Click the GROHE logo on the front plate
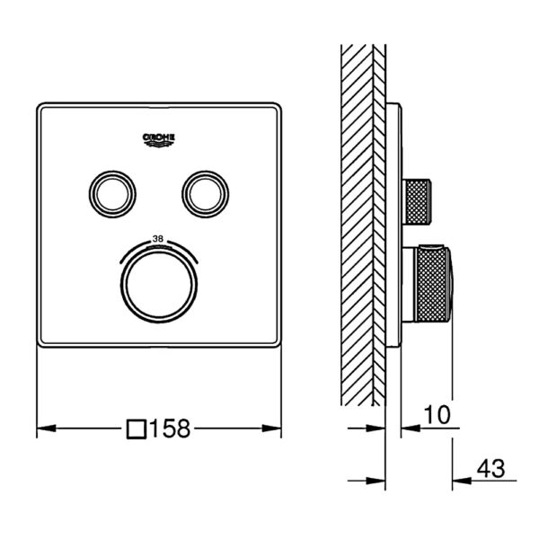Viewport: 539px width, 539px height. (x=159, y=140)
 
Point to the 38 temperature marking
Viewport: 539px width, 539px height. (x=158, y=239)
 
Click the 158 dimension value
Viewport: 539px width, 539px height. (x=170, y=429)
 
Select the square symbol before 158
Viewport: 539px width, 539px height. (x=137, y=429)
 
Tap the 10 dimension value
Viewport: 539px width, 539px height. (x=437, y=415)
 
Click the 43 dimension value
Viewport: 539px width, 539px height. (x=491, y=468)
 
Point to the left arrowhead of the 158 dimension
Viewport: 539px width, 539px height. (x=46, y=429)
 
